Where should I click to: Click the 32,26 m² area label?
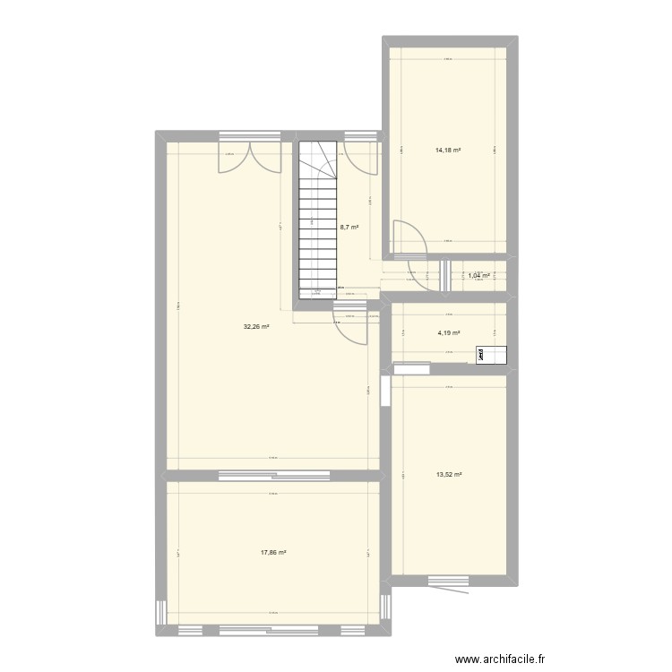[x=256, y=327]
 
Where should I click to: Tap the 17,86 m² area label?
[x=273, y=552]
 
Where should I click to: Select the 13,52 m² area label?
[x=448, y=475]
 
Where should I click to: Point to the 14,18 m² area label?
[x=448, y=150]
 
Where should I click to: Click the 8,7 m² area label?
[x=349, y=228]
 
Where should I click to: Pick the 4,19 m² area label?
[x=448, y=333]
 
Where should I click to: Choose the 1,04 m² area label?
[x=479, y=276]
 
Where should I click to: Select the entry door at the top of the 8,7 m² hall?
[x=362, y=157]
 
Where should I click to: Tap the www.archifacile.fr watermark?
[x=502, y=659]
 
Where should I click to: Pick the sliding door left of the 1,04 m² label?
[x=445, y=276]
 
